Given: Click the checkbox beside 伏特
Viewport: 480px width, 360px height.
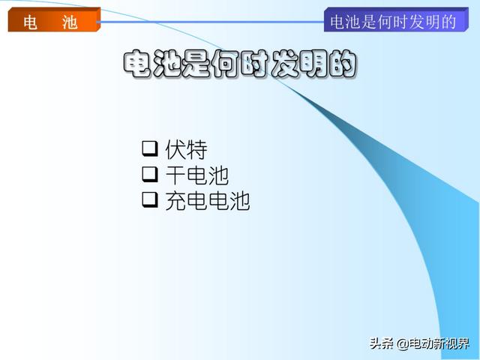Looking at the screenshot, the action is pos(150,148).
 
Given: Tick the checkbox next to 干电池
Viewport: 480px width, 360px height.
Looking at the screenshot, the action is pos(150,174).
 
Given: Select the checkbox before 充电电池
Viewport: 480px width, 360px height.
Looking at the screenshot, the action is pos(150,200).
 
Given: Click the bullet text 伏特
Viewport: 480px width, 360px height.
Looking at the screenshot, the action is pos(186,149).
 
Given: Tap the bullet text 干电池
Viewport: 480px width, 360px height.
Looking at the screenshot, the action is pos(196,175).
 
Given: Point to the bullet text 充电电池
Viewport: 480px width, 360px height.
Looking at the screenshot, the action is pos(208,201).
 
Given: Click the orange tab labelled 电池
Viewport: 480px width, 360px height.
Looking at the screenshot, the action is pos(54,20).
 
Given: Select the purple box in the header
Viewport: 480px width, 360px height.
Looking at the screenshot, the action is pos(396,19).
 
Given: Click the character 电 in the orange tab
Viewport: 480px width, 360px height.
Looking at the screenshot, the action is pos(31,22).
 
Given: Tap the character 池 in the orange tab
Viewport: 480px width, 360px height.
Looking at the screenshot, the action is pos(70,22).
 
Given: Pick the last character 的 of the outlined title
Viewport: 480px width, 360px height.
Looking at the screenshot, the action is pos(343,64).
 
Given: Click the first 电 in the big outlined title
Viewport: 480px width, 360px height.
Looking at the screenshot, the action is pos(136,64).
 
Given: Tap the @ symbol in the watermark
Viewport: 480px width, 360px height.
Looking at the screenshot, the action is pos(403,344).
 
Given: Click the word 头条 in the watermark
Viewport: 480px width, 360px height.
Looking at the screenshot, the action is pos(382,343).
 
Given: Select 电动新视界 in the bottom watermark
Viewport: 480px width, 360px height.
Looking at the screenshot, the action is pos(439,343).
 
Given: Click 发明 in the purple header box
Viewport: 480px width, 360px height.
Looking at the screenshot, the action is pos(424,22).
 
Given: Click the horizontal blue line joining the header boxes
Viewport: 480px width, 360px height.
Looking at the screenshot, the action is pos(211,22).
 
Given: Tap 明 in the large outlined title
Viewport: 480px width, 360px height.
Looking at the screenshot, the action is pos(313,64).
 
